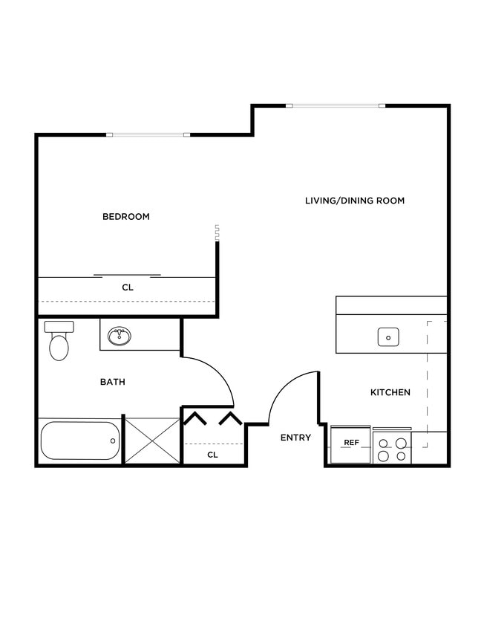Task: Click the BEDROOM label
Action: [x=125, y=217]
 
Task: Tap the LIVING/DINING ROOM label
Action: [x=355, y=201]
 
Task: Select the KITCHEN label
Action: [x=390, y=392]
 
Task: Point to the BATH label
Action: [x=113, y=382]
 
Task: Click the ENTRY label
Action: [x=295, y=438]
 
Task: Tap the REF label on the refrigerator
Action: [x=351, y=443]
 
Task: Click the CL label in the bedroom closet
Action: [x=127, y=287]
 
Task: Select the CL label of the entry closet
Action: [x=212, y=454]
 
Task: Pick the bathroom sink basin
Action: [x=119, y=337]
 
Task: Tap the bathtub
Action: [x=79, y=441]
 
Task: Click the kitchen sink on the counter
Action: [x=387, y=337]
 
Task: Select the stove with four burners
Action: [x=392, y=449]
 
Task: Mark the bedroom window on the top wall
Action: [x=148, y=134]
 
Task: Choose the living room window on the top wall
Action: [x=339, y=105]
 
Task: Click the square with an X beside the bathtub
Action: [x=152, y=441]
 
